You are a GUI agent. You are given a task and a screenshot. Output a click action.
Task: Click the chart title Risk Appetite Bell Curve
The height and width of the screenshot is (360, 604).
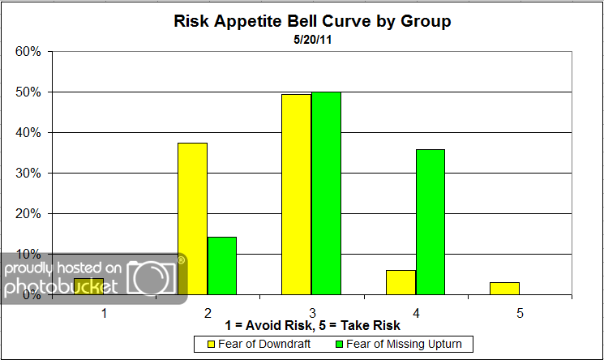312,22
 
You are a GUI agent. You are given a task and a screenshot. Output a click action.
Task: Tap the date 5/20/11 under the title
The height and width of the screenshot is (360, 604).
312,38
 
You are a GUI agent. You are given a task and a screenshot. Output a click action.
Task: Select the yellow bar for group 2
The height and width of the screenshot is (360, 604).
192,219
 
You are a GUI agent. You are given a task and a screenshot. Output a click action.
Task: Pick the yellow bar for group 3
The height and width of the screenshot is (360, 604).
296,195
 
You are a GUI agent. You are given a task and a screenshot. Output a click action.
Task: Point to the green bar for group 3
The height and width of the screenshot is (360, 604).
326,194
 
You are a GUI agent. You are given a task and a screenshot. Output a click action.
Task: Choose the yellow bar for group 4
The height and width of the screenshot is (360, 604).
401,282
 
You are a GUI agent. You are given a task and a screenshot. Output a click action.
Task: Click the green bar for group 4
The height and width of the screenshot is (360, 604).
430,222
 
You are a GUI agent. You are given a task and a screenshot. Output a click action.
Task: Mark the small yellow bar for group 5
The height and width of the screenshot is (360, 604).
504,288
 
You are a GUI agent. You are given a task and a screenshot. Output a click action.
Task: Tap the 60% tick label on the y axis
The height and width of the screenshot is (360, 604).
28,52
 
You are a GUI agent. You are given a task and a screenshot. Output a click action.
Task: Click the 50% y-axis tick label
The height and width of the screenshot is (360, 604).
28,92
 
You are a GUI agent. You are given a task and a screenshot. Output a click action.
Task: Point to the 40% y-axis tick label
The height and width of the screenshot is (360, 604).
28,133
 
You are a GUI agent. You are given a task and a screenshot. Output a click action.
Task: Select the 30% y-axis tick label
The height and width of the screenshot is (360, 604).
28,174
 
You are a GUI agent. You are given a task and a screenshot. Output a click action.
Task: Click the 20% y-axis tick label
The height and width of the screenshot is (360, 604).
28,214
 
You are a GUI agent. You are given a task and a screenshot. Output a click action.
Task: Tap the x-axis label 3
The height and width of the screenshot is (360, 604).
311,311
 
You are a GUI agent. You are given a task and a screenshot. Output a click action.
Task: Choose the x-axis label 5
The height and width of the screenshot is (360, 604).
520,311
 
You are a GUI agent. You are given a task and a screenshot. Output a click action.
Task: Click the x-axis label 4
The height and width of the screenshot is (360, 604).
416,311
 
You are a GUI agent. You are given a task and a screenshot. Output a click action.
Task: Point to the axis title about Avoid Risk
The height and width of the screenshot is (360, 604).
312,326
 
